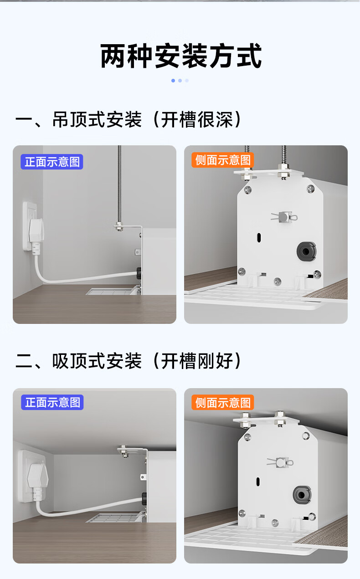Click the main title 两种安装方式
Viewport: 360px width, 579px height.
click(181, 56)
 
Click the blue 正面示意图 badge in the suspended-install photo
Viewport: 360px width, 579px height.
click(52, 162)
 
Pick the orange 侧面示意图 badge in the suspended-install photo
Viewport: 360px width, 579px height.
click(223, 160)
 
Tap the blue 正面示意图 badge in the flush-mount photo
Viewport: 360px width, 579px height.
click(52, 402)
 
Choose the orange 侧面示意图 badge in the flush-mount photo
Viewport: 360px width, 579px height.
click(223, 402)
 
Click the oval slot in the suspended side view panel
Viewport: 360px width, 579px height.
click(259, 237)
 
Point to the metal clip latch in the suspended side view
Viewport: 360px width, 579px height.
click(284, 217)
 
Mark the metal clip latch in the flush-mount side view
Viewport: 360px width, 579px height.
click(280, 462)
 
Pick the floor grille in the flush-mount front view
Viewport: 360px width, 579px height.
click(114, 518)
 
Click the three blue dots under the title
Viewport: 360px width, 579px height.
click(180, 81)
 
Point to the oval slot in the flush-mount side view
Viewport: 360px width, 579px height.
click(258, 481)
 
